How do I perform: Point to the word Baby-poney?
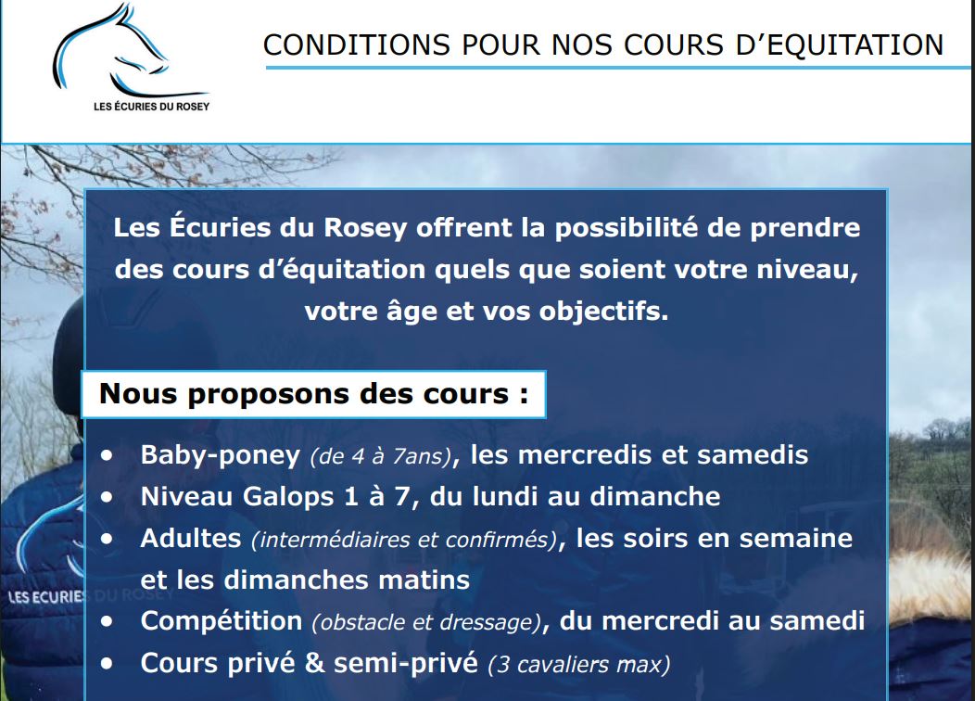point(221,455)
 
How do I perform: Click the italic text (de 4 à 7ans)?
point(381,457)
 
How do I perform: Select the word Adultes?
point(190,538)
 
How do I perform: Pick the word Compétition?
point(222,620)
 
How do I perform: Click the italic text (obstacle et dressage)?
point(425,622)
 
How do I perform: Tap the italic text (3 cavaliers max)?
point(578,664)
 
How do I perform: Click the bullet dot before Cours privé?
point(110,663)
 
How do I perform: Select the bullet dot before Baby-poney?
point(110,455)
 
